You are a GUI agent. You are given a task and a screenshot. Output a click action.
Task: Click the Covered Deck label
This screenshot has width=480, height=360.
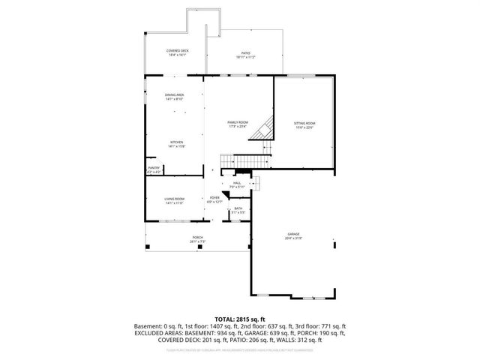click(178, 50)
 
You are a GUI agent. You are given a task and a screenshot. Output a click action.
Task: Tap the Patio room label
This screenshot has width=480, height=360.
click(246, 52)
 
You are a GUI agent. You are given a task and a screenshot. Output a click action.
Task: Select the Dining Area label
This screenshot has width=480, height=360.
click(175, 94)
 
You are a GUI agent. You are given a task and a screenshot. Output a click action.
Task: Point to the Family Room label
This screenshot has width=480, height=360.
click(238, 122)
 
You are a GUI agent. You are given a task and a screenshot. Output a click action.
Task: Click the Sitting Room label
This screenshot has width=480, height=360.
click(304, 122)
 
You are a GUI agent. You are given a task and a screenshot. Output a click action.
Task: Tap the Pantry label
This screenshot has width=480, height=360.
click(154, 168)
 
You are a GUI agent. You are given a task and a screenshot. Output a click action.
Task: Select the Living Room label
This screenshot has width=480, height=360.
click(175, 199)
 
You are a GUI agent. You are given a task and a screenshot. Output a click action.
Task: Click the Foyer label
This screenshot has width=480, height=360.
click(214, 198)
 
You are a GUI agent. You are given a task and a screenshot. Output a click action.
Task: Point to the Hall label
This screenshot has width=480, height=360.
click(237, 182)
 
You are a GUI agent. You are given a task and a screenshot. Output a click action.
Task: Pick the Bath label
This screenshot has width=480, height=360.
click(238, 208)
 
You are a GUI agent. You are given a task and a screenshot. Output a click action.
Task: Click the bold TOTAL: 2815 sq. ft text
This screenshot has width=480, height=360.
click(240, 319)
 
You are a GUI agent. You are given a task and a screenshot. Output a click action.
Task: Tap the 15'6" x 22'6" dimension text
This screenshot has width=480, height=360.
click(304, 127)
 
